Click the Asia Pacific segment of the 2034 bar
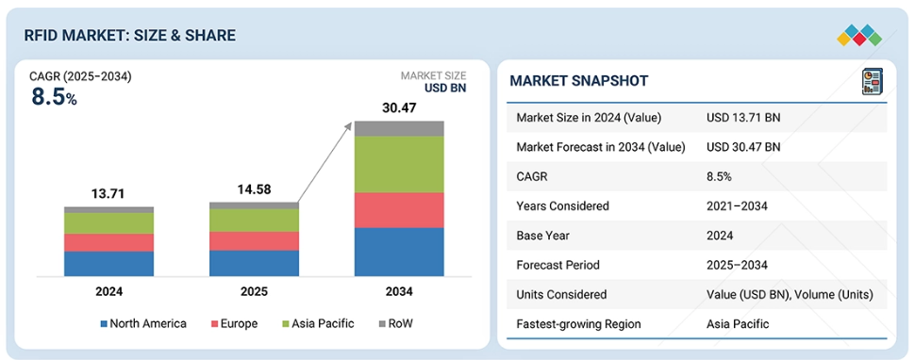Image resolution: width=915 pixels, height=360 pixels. [x=399, y=164]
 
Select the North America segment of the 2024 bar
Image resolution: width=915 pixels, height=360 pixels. [x=109, y=264]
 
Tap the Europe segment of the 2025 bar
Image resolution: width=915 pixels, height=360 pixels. [x=254, y=241]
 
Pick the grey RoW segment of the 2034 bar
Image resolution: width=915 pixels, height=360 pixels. [x=399, y=129]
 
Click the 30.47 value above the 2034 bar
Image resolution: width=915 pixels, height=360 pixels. [x=399, y=108]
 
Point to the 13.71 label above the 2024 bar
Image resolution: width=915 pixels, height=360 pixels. [x=109, y=194]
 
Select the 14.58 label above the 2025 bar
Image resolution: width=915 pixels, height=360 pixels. [x=254, y=190]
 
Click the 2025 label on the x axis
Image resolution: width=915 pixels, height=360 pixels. [x=254, y=292]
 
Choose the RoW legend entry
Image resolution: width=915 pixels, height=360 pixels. [x=395, y=324]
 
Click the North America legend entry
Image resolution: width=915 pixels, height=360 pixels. [x=143, y=324]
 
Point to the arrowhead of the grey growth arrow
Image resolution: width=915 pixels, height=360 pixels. [x=350, y=124]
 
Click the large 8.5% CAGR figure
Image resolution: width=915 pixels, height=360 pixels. [x=55, y=97]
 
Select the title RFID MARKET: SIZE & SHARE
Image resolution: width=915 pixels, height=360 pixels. [x=129, y=36]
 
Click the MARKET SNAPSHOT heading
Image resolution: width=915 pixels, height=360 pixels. [x=579, y=81]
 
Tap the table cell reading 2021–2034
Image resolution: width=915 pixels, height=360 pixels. [x=738, y=206]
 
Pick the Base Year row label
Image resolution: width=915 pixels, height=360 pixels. [x=542, y=236]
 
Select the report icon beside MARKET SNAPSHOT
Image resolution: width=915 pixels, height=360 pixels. [x=873, y=81]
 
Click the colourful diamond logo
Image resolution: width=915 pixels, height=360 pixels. [x=859, y=35]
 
